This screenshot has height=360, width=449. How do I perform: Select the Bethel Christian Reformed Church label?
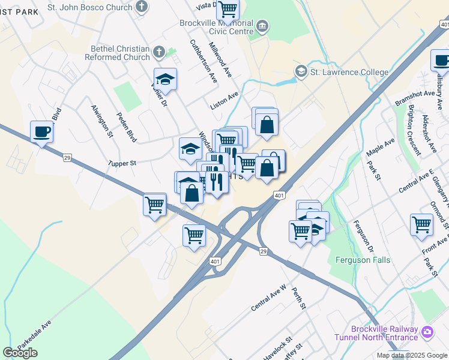tap(119, 53)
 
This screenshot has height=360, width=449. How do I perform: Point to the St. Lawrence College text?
tap(349, 73)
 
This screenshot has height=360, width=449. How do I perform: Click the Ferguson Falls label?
tap(363, 260)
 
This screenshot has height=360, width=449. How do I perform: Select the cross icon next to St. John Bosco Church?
tap(142, 7)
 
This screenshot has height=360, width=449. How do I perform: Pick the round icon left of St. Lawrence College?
tap(300, 72)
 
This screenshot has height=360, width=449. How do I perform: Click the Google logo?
tap(20, 353)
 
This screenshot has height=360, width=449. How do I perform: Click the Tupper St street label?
tap(123, 163)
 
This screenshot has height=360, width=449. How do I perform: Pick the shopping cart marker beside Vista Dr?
tap(228, 10)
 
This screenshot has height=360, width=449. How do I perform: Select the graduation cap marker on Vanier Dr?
tap(165, 79)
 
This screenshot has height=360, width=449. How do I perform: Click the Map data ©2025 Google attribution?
tap(412, 355)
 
